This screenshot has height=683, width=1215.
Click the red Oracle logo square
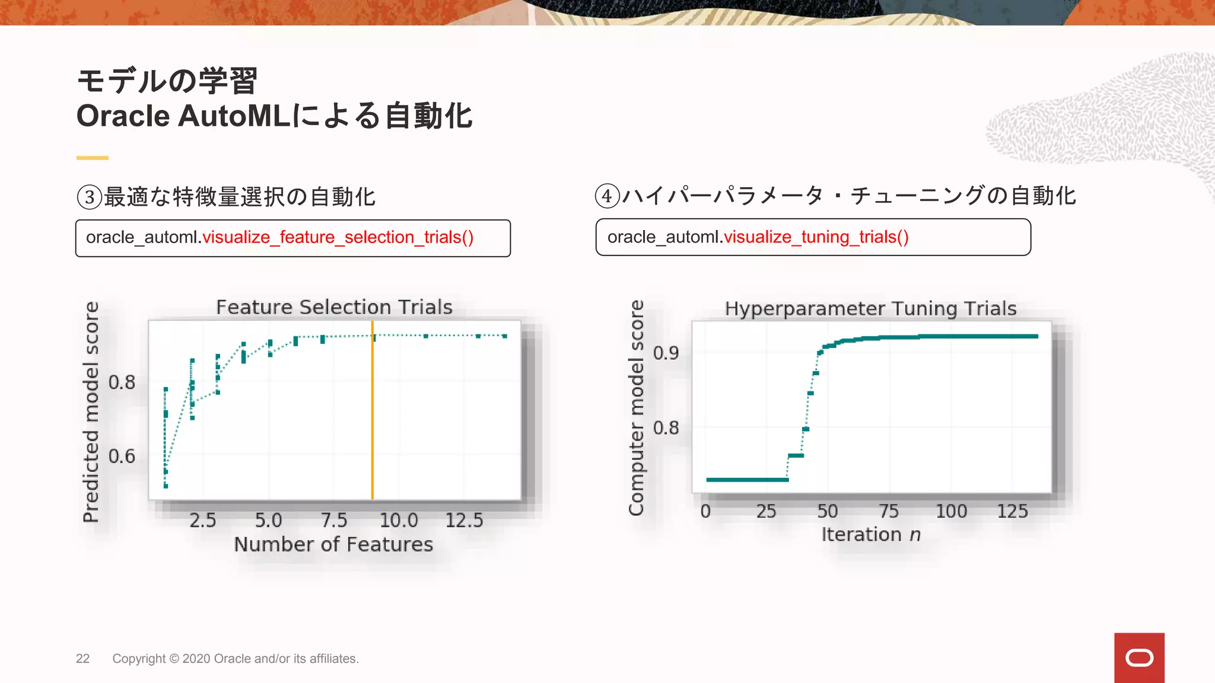(x=1139, y=658)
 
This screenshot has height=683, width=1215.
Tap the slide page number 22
(x=82, y=659)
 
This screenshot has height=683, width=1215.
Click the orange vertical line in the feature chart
(x=373, y=415)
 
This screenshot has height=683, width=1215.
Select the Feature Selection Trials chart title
(x=334, y=307)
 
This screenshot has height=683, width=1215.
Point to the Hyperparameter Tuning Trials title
(x=870, y=308)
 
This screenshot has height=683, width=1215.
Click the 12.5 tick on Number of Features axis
(x=464, y=521)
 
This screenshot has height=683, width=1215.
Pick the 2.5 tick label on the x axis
(x=203, y=521)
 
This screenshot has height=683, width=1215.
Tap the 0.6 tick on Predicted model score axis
(x=122, y=456)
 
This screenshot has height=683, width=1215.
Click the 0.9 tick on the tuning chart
(x=666, y=353)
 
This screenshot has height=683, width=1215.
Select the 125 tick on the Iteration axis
(x=1012, y=511)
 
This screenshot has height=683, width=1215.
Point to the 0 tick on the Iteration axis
(x=705, y=511)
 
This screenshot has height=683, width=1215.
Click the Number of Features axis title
(x=333, y=544)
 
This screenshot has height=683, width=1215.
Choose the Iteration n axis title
(x=871, y=535)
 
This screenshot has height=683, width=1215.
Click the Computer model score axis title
(x=636, y=408)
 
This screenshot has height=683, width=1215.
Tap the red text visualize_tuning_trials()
(x=816, y=237)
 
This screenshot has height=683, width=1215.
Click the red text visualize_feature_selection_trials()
(x=338, y=237)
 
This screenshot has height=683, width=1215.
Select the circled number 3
(x=90, y=197)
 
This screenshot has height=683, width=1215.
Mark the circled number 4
(x=607, y=196)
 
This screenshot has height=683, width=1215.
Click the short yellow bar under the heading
(x=93, y=158)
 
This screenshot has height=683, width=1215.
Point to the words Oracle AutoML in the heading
(x=183, y=116)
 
